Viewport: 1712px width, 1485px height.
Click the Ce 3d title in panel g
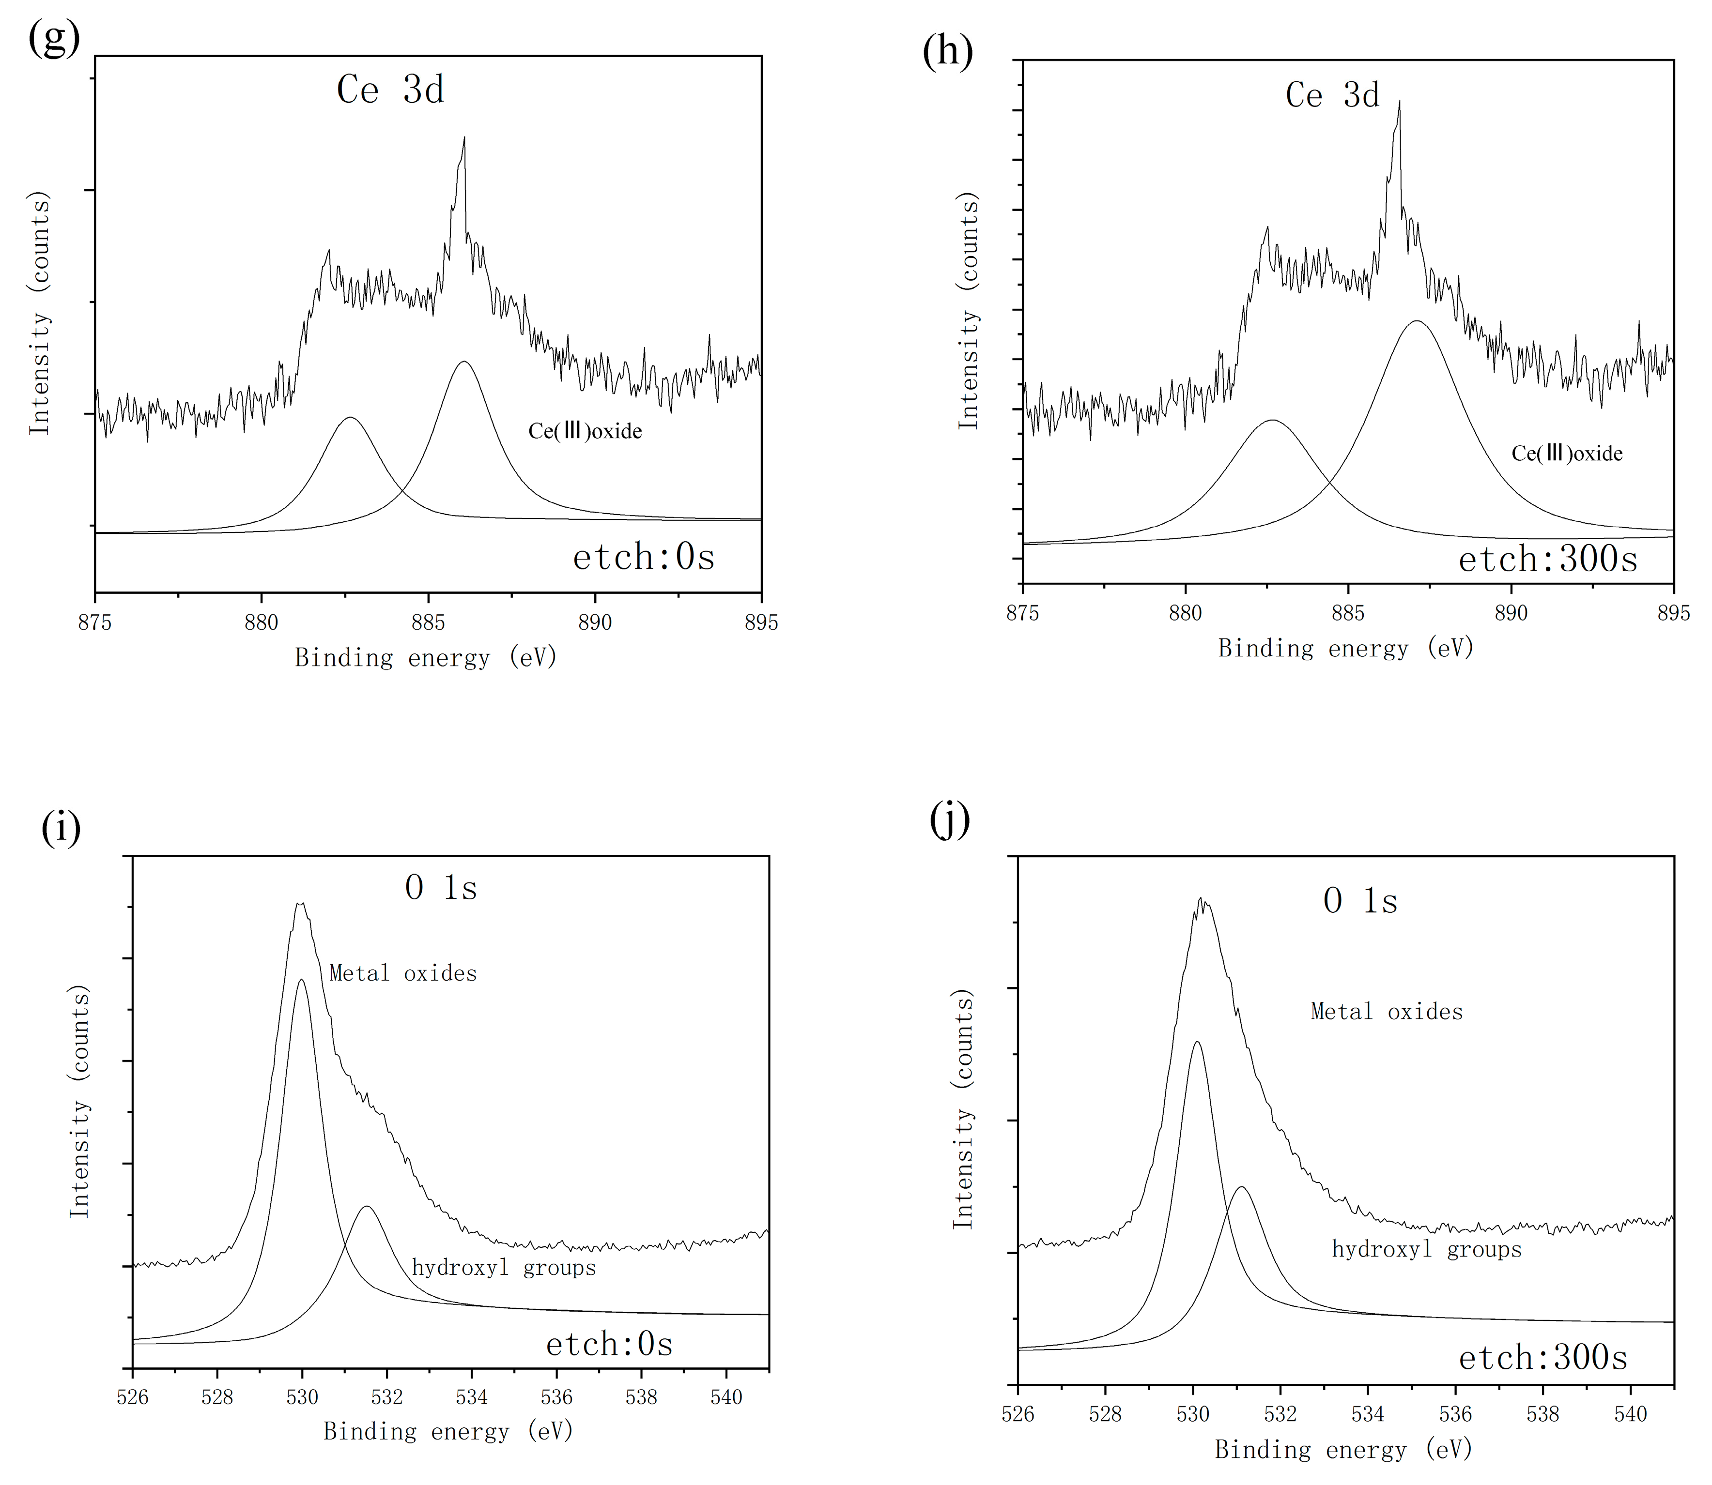pyautogui.click(x=390, y=90)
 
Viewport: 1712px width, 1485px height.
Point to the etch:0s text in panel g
pyautogui.click(x=643, y=557)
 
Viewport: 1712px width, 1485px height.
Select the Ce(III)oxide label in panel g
pyautogui.click(x=586, y=431)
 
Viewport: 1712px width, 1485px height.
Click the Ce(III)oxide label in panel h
pyautogui.click(x=1567, y=453)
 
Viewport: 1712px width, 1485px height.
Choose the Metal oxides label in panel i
pyautogui.click(x=403, y=973)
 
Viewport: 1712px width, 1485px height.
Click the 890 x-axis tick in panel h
pyautogui.click(x=1511, y=613)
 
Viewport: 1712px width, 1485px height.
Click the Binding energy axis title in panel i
pyautogui.click(x=448, y=1432)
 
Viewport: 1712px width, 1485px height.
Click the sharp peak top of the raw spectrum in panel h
pyautogui.click(x=1400, y=102)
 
